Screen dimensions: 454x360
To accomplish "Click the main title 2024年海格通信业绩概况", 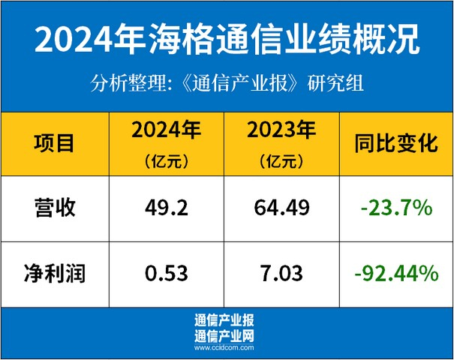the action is pos(227,39).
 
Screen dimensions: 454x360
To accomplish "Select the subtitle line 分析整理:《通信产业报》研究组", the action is pos(227,83).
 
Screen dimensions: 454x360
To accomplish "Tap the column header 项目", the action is pos(54,143).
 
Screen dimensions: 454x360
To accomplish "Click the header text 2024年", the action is pos(167,130).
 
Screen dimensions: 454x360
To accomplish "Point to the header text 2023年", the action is pos(281,130).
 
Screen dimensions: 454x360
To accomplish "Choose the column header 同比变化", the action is pos(396,143).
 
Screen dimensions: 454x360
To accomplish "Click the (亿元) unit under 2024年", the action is pos(167,161).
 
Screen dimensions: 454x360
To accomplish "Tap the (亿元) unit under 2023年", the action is pos(281,161).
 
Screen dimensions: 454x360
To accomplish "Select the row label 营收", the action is pos(55,208).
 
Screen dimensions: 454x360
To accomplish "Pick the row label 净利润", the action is pos(55,273).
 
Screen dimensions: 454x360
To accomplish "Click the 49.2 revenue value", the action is pos(167,208).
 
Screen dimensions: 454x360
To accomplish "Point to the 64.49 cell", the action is pos(281,208).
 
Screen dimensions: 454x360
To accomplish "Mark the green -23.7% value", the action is pos(397,208).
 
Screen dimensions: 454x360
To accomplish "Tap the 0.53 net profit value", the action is pos(167,273).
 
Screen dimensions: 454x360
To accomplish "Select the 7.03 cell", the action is pos(281,273).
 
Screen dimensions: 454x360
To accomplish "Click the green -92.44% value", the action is pos(397,273).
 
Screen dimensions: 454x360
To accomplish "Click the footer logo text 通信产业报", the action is pos(224,320).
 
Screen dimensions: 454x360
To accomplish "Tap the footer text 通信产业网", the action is pos(224,336).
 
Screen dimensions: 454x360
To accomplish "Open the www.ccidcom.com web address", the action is pos(224,347).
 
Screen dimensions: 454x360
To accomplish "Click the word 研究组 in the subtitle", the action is pos(335,83).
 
